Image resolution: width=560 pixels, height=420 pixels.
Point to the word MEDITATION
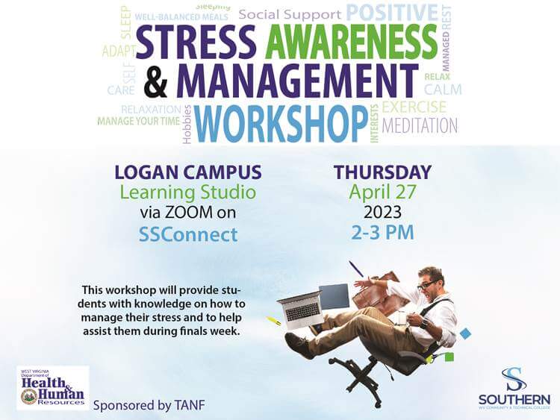coord(420,125)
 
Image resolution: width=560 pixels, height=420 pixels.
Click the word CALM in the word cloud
coord(443,90)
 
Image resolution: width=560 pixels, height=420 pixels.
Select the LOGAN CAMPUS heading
coord(188,173)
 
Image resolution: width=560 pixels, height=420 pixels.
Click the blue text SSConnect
coord(188,234)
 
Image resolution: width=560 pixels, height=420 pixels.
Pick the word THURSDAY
coord(382,172)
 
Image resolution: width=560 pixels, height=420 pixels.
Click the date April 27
coord(382,192)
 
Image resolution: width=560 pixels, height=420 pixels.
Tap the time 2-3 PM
coord(382,232)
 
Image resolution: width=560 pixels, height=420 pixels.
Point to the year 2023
coord(382,212)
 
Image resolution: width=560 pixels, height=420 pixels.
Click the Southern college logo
coord(514,387)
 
